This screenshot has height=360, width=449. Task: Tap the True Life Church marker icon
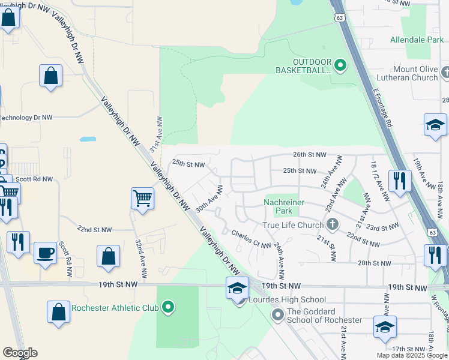(x=333, y=225)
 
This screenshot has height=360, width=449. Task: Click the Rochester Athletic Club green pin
(x=169, y=308)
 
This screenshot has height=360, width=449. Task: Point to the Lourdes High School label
(x=286, y=299)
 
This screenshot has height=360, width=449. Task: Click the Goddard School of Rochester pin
(x=277, y=315)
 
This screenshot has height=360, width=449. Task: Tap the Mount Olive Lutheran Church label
(x=408, y=73)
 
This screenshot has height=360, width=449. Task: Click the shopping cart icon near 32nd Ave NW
(x=142, y=198)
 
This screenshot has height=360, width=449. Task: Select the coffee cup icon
(x=45, y=253)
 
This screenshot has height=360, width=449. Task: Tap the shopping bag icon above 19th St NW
(x=108, y=256)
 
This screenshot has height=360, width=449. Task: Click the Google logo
(x=20, y=353)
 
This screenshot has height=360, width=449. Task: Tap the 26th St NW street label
(x=309, y=154)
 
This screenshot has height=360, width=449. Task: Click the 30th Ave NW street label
(x=209, y=199)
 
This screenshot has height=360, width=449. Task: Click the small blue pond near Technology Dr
(x=88, y=139)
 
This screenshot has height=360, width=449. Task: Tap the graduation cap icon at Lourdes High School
(x=237, y=288)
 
